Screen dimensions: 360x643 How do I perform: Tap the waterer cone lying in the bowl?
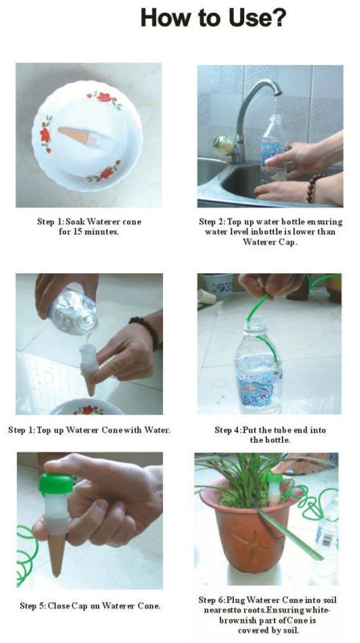(79, 137)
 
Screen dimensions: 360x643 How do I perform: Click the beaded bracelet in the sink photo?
(313, 188)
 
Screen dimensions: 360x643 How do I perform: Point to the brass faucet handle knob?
(223, 145)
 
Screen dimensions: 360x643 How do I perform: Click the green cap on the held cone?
(55, 484)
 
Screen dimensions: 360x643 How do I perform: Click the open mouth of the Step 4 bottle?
(256, 320)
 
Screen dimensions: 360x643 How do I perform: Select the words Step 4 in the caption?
(227, 430)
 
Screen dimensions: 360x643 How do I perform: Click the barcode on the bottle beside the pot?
(327, 539)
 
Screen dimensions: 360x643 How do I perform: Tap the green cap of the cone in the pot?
(274, 477)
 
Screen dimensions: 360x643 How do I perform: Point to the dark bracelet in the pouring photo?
(145, 331)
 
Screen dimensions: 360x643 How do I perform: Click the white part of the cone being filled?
(89, 358)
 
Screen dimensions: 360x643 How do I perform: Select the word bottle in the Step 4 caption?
(274, 440)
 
